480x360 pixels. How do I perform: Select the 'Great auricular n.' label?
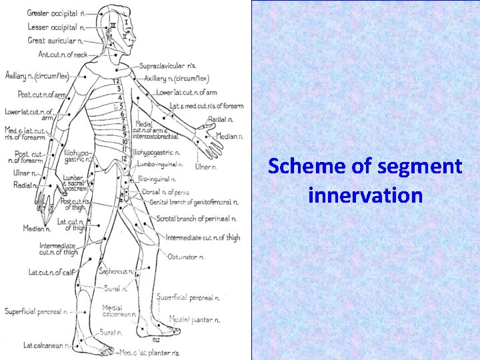click(55, 40)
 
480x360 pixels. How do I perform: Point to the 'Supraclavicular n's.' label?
click(168, 66)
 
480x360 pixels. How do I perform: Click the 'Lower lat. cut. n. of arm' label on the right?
click(187, 91)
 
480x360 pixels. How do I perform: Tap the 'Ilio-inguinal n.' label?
click(157, 179)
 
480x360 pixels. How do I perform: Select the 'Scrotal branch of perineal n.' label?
click(197, 218)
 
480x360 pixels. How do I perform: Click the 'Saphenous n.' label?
click(115, 271)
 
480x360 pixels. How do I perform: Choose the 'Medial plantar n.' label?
click(194, 319)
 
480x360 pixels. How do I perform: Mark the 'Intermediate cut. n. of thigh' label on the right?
click(202, 237)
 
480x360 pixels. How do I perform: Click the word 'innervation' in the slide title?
click(365, 195)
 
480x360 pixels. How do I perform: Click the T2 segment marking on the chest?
click(115, 81)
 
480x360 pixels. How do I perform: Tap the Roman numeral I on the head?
click(126, 22)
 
